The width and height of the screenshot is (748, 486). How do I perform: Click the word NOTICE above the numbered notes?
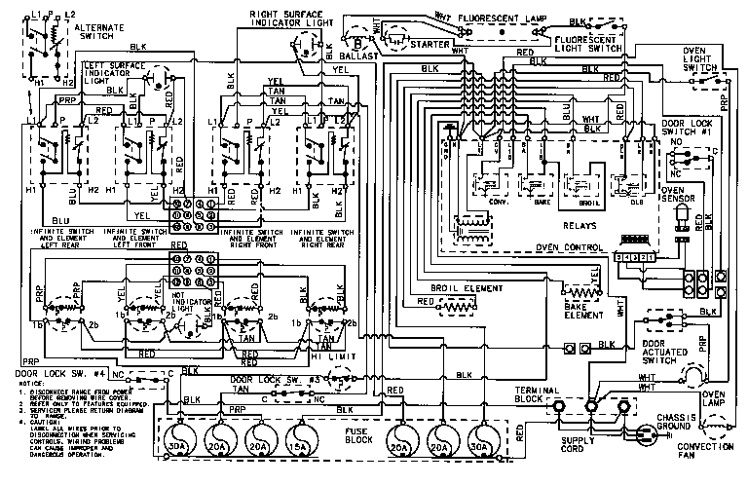coord(19,388)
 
